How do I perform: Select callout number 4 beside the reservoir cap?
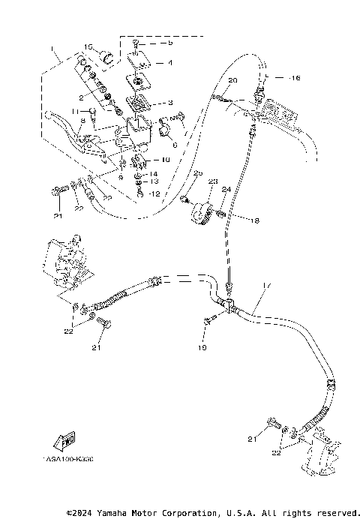169,63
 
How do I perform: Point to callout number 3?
169,103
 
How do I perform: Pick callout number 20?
232,79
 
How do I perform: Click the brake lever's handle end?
52,115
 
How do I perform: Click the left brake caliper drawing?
64,262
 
